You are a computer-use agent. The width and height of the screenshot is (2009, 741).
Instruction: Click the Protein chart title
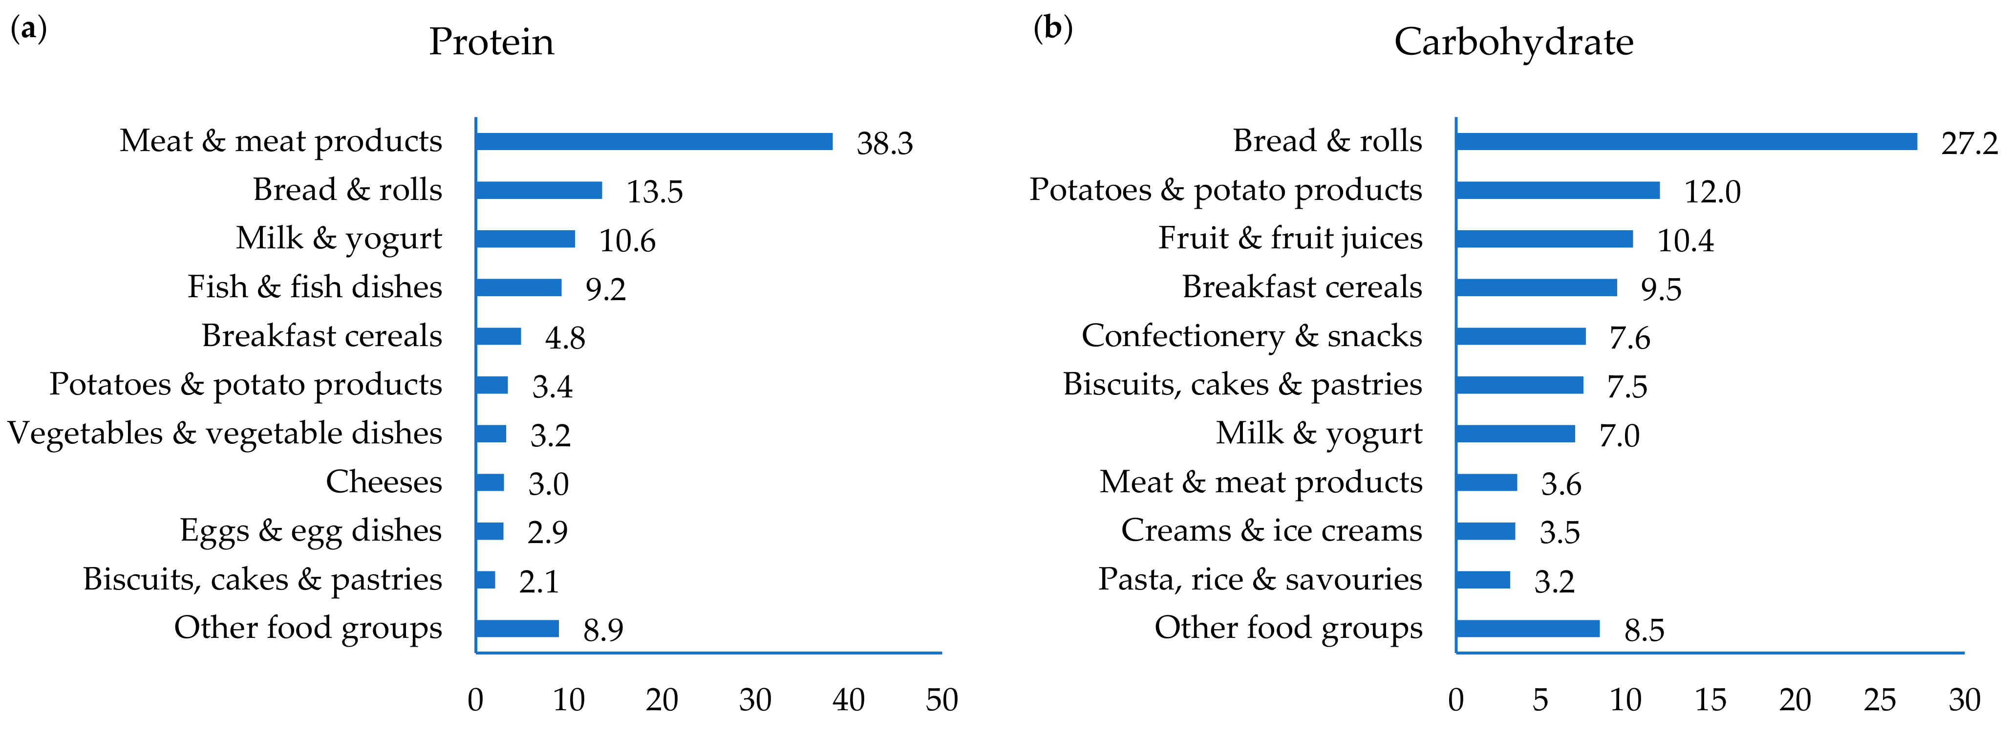click(x=492, y=42)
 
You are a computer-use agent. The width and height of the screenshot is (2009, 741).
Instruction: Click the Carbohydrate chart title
click(x=1513, y=42)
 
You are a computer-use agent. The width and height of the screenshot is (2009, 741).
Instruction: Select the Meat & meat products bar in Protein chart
click(x=654, y=141)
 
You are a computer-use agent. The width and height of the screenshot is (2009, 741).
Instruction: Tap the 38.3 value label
click(x=884, y=144)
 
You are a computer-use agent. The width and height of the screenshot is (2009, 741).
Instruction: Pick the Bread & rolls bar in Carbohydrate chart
click(x=1686, y=141)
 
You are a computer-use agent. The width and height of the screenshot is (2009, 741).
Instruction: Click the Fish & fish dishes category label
click(x=314, y=287)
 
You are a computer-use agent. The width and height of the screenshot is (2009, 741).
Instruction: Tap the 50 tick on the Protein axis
click(x=941, y=699)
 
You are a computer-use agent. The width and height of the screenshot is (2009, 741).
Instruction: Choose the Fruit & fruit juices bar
click(x=1544, y=239)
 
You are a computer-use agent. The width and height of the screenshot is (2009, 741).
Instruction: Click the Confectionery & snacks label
click(x=1251, y=336)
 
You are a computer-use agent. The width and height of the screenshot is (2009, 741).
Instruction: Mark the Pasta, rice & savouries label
click(x=1260, y=580)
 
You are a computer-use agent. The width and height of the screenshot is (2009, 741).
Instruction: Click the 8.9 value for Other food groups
click(x=603, y=630)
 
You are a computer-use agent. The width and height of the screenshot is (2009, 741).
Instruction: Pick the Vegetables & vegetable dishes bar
click(x=491, y=434)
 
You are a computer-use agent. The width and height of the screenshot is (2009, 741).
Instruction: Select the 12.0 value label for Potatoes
click(x=1712, y=192)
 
